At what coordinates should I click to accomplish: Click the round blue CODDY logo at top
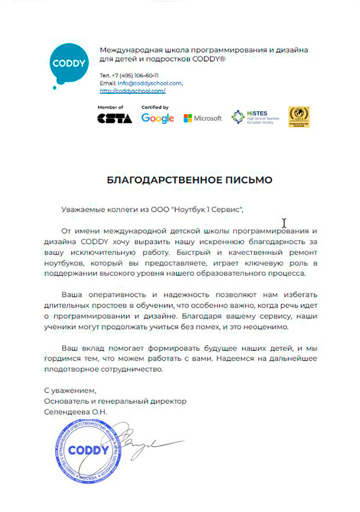tap(70, 64)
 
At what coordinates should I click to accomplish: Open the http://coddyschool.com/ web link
tap(132, 91)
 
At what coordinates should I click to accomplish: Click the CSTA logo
tap(114, 118)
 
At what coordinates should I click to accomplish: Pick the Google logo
tap(157, 118)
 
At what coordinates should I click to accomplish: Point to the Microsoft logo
tap(202, 118)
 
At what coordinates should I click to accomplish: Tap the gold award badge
tap(298, 117)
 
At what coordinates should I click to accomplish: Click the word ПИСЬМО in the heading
tap(244, 179)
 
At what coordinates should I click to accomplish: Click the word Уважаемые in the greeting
tap(82, 210)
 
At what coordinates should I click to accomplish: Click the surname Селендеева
tap(66, 412)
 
